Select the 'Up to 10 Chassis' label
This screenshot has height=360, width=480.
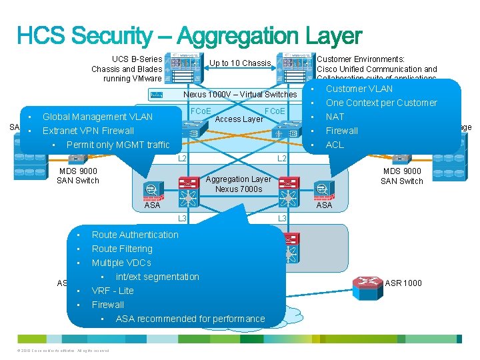coord(240,63)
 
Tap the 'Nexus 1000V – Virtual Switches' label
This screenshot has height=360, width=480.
coord(239,95)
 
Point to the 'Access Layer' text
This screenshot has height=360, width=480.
coord(239,120)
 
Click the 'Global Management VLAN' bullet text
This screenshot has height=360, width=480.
coord(97,117)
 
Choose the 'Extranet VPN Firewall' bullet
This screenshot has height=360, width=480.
coord(88,131)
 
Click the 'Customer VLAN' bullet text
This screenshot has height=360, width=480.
coord(359,89)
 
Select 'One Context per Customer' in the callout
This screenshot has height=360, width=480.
coord(381,103)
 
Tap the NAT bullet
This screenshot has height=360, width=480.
coord(335,117)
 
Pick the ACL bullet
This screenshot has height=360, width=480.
coord(335,145)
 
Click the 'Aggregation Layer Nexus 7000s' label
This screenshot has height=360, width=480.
coord(238,184)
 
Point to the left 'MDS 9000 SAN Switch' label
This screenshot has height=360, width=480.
coord(78,176)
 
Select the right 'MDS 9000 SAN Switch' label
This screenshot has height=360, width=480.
coord(401,176)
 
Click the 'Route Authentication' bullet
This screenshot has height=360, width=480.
coord(135,235)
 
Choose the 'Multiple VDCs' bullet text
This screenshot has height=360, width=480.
coord(122,263)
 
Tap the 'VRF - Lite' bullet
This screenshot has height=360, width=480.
coord(112,291)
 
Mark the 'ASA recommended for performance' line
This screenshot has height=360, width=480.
coord(190,319)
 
